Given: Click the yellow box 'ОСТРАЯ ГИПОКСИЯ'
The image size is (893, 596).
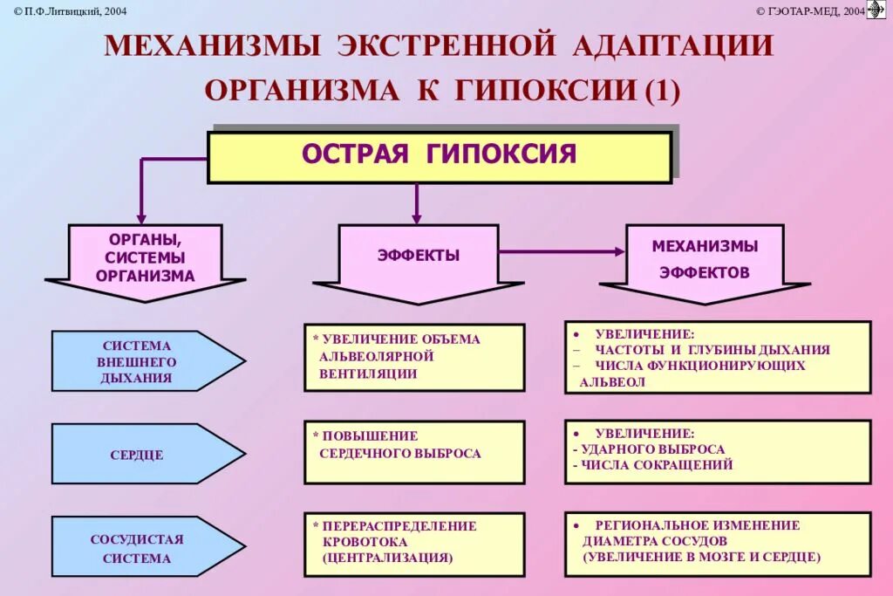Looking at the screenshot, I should (x=439, y=156).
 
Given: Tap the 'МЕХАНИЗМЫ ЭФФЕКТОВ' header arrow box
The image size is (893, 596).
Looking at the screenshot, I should (x=705, y=258).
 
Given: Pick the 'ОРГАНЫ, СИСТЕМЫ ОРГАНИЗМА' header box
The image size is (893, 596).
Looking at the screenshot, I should (x=146, y=257).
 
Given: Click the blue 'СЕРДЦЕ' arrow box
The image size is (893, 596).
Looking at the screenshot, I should (x=138, y=455).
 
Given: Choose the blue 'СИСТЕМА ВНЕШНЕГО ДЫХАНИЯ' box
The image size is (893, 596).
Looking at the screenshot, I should (x=138, y=361).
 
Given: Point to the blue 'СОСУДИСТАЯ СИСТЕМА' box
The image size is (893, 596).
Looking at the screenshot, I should (x=138, y=548).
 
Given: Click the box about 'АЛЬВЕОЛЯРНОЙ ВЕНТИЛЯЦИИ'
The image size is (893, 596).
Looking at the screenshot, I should (x=414, y=357).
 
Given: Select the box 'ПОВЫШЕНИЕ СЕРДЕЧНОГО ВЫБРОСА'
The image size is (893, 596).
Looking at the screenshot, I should (x=414, y=452).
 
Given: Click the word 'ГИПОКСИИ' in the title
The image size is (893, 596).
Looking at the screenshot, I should (x=544, y=90).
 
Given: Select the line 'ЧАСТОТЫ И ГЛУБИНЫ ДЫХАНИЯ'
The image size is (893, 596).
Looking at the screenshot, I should (x=712, y=350).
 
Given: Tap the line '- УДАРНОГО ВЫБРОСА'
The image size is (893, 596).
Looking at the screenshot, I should (x=649, y=449).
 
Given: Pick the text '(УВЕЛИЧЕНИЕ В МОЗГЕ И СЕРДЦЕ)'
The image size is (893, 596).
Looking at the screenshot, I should (x=702, y=557).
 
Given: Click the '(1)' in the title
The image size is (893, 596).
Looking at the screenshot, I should (x=661, y=90).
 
